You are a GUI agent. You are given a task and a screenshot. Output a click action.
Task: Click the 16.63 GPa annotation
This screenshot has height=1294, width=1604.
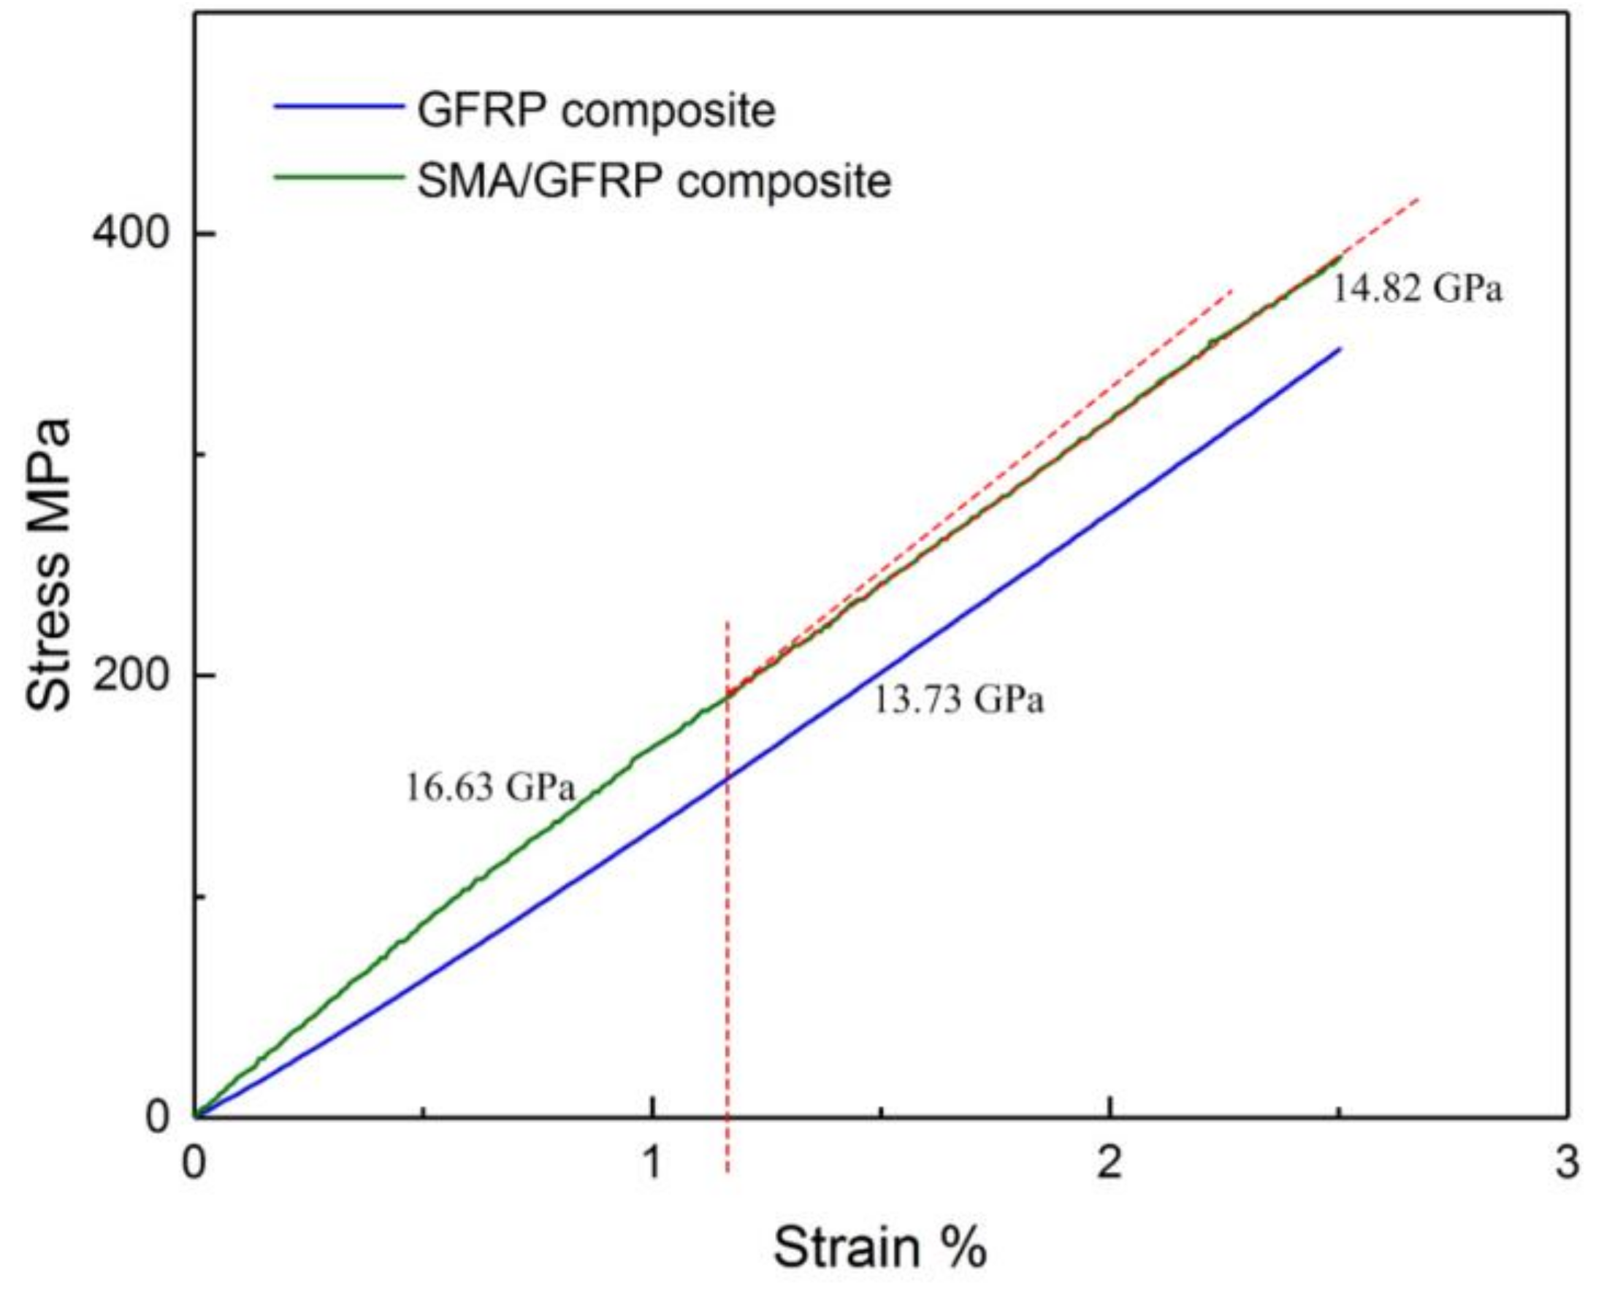click(489, 787)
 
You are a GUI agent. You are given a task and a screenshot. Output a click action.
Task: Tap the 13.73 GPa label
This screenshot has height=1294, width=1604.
click(958, 700)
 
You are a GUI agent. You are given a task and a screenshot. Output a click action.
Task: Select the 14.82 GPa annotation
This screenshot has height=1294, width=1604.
click(1417, 288)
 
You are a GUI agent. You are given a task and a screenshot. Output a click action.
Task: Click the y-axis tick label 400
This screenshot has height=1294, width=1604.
click(133, 232)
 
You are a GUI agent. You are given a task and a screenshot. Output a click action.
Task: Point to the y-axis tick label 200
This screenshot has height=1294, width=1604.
click(133, 675)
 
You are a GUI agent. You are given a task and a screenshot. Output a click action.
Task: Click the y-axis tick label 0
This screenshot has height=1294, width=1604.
click(158, 1116)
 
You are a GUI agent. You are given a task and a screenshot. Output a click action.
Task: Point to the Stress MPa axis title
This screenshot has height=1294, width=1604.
click(49, 564)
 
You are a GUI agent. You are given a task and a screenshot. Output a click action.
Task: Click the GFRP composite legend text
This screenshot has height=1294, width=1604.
click(596, 110)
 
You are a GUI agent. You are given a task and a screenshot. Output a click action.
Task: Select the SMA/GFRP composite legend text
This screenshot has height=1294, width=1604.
click(654, 180)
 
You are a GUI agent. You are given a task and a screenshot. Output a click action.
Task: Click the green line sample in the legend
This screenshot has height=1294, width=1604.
click(339, 177)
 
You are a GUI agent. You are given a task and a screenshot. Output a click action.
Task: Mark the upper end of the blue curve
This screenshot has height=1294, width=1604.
click(1340, 348)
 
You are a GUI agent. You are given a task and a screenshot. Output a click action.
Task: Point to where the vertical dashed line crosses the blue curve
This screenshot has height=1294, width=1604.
click(727, 776)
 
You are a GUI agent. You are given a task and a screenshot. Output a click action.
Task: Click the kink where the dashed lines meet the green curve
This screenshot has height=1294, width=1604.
click(727, 694)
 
